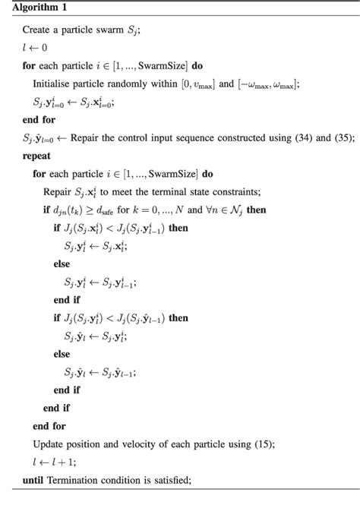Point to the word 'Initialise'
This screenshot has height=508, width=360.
click(x=55, y=84)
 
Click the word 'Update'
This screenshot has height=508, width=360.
click(x=49, y=443)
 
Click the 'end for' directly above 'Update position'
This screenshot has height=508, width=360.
click(x=49, y=425)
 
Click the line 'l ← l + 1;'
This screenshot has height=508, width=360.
click(x=55, y=461)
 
